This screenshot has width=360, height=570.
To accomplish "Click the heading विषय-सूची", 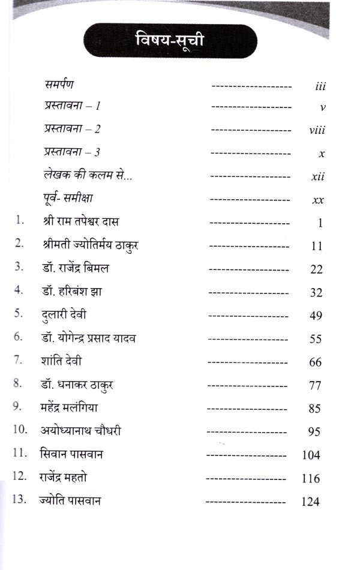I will (170, 41).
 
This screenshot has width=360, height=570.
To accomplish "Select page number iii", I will (320, 86).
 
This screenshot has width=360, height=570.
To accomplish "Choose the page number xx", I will (319, 200).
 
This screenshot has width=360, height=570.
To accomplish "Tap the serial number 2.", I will (19, 244).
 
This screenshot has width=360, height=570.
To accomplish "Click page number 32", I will (316, 293).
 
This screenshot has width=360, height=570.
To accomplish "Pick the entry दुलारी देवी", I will (65, 314).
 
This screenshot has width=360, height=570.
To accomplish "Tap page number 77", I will (316, 386).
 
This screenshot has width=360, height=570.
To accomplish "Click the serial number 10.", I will (20, 430).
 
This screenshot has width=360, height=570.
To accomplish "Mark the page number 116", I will (311, 479).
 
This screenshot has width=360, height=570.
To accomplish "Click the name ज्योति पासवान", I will (70, 500).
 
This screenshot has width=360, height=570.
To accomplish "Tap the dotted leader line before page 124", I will (245, 502).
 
